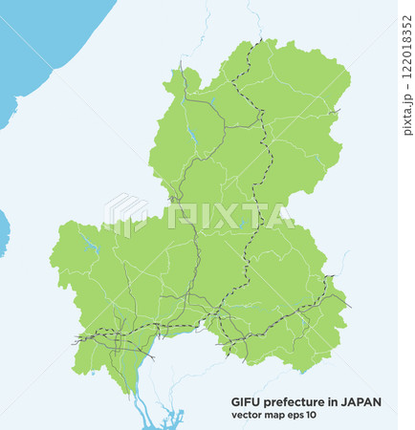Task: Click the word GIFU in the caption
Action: [x=246, y=402]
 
